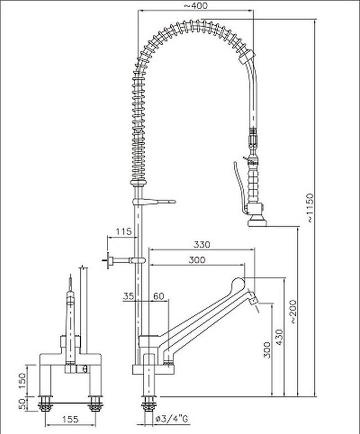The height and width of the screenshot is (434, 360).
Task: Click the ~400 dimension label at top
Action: [196, 6]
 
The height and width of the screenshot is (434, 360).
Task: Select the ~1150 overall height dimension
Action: [310, 207]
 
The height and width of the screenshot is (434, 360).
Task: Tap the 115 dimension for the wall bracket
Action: [124, 231]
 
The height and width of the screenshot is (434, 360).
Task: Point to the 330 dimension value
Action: [202, 244]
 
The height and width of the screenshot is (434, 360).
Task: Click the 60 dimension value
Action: [158, 297]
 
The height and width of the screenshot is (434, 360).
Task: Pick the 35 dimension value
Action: [128, 297]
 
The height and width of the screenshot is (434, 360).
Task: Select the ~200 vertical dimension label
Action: [293, 312]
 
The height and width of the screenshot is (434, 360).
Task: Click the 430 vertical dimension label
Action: [280, 337]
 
